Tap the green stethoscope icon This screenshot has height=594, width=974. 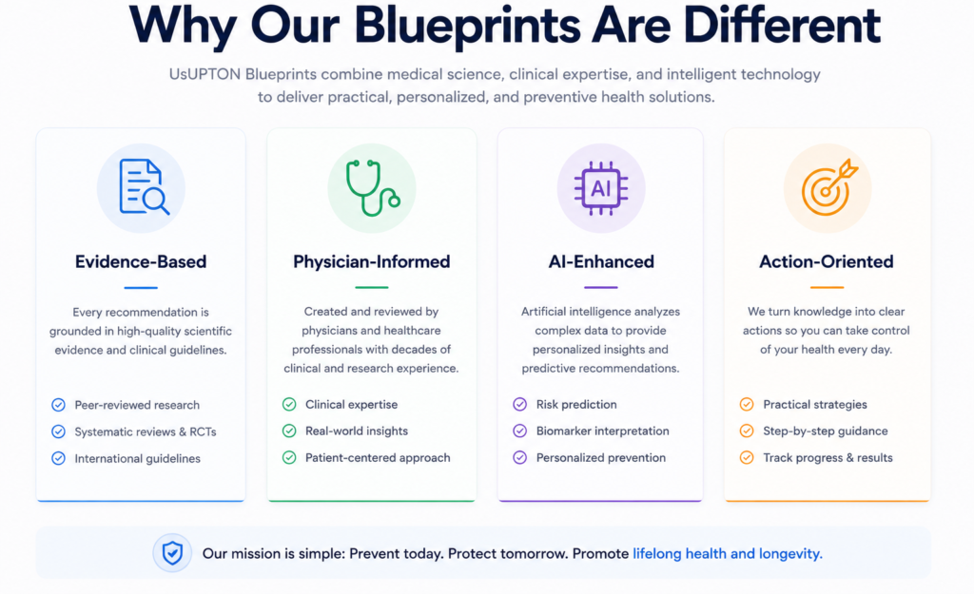(372, 187)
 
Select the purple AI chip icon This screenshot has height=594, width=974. (601, 188)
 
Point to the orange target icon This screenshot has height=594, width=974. (829, 187)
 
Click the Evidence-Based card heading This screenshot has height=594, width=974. (141, 261)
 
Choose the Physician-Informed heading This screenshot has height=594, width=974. (372, 261)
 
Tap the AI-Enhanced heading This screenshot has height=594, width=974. (601, 261)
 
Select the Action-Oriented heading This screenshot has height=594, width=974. (827, 261)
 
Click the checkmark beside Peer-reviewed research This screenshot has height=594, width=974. (58, 405)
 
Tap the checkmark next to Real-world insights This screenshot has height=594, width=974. (289, 431)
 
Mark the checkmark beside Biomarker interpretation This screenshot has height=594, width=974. (520, 431)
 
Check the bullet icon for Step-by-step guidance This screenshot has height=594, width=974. (747, 431)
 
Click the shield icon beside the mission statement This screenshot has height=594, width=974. (173, 552)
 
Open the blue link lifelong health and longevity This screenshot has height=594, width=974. (728, 554)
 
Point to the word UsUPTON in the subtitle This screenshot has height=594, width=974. (205, 74)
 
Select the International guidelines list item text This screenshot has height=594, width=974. (137, 459)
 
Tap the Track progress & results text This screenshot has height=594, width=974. (828, 458)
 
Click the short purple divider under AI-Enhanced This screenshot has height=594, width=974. (601, 287)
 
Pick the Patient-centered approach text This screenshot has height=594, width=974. (378, 458)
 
